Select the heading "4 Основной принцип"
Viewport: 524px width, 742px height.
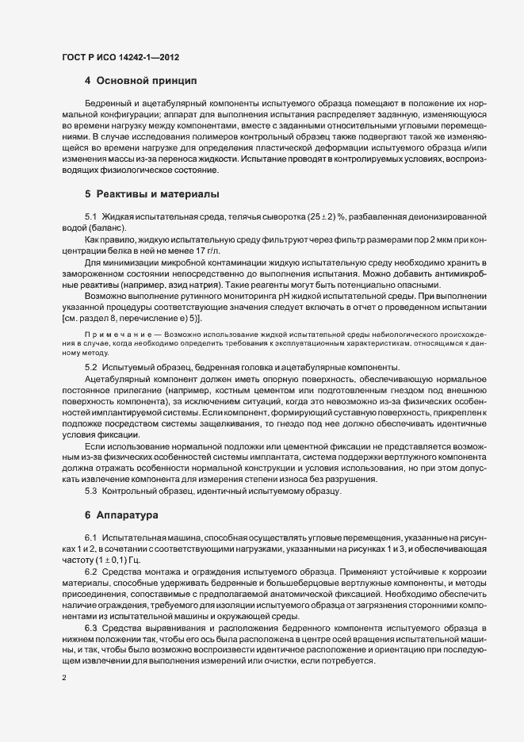point(140,81)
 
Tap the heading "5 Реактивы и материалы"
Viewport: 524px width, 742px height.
point(151,193)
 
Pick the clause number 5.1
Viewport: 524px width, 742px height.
point(90,216)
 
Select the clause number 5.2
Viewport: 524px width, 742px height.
point(90,366)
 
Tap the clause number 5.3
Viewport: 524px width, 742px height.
point(90,491)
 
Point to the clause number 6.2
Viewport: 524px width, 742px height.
point(90,572)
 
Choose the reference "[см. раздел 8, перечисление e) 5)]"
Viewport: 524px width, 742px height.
point(132,317)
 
